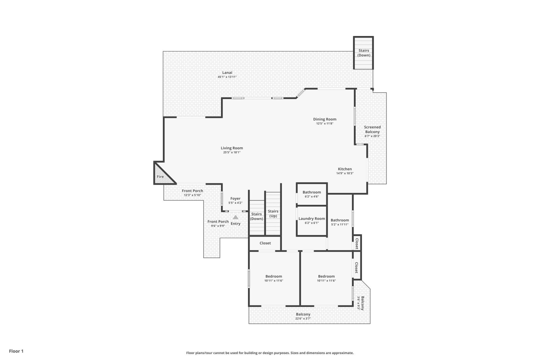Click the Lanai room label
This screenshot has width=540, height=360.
coord(227,73)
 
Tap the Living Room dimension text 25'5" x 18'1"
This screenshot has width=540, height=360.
coord(232,152)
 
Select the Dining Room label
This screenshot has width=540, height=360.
coord(325,119)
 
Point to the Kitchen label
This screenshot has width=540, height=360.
coord(345,169)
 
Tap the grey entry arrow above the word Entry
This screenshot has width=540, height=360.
coord(235,217)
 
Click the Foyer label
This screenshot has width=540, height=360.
coord(235,199)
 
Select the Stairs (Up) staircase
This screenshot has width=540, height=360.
coord(273,213)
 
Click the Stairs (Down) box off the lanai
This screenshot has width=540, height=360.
coord(363,53)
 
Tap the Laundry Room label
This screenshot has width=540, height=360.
coord(312,219)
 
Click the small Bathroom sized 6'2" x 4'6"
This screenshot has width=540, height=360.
coord(312,194)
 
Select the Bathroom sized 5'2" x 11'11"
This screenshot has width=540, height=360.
coord(339,222)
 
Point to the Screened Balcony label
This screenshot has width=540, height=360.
coord(372,129)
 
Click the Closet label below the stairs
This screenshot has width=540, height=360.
coord(265,243)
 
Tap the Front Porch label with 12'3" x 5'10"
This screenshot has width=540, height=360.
coord(192,191)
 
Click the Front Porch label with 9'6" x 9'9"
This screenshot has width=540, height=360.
coord(218,222)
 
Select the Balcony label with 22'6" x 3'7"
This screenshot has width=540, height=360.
coord(303,314)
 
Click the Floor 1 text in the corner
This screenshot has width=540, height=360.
coord(16,351)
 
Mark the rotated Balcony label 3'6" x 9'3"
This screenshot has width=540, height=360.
coord(362,303)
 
